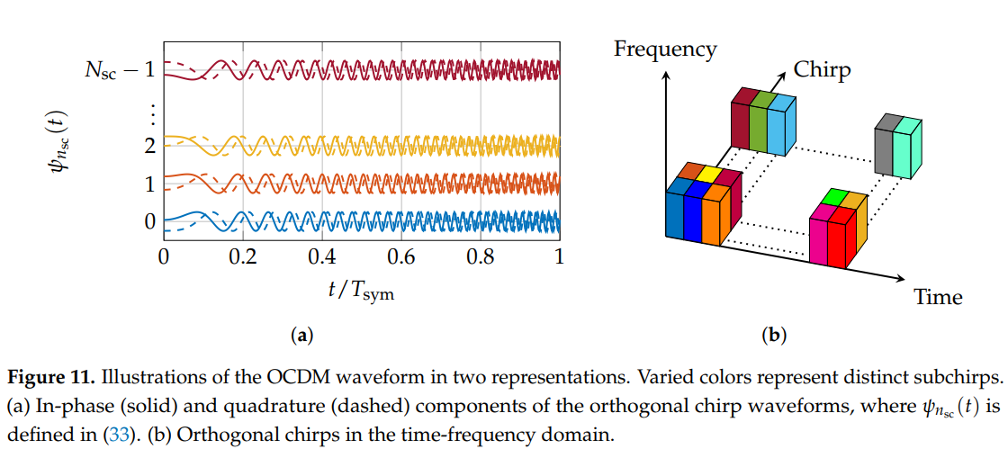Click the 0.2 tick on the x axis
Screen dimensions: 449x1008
(x=242, y=256)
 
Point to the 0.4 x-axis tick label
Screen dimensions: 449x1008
(x=321, y=256)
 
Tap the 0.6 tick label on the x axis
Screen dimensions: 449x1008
(x=401, y=256)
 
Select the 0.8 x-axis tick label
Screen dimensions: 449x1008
(x=481, y=256)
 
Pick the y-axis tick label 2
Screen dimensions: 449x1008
(x=149, y=145)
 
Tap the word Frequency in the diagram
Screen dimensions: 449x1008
(x=665, y=49)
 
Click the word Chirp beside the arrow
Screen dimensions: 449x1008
(x=822, y=70)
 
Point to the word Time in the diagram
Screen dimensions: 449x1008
(x=938, y=297)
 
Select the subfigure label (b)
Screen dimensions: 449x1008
(x=774, y=337)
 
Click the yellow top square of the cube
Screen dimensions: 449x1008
(x=709, y=174)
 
